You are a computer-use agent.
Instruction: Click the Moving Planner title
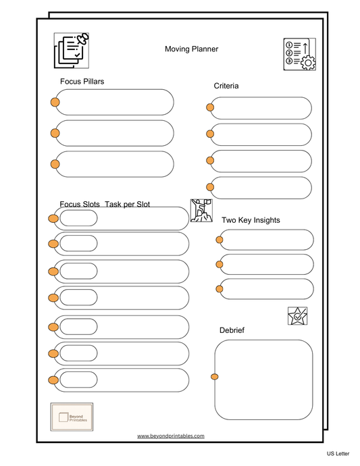tap(191, 49)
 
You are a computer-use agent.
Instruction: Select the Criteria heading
tap(226, 86)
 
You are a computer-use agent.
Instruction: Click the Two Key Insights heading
tap(251, 220)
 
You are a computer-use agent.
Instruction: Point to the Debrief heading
tap(232, 330)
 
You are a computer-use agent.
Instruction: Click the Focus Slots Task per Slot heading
tap(105, 204)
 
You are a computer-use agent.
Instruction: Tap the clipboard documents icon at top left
tap(72, 51)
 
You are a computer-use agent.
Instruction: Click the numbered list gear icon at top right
tap(299, 54)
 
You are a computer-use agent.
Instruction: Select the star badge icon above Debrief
tap(297, 316)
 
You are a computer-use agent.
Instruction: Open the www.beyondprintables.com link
tap(170, 436)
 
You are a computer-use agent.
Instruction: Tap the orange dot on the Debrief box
tap(215, 377)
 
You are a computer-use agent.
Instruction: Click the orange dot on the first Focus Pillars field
tap(55, 102)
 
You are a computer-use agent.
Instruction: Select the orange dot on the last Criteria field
tap(210, 187)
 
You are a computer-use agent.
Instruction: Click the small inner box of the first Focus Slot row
tap(78, 218)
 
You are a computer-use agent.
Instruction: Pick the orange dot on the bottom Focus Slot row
tap(53, 380)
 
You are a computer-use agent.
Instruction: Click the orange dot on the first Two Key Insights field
tap(220, 239)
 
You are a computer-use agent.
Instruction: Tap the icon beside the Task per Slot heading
tap(201, 210)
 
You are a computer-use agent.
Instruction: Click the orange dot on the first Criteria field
tap(210, 107)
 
